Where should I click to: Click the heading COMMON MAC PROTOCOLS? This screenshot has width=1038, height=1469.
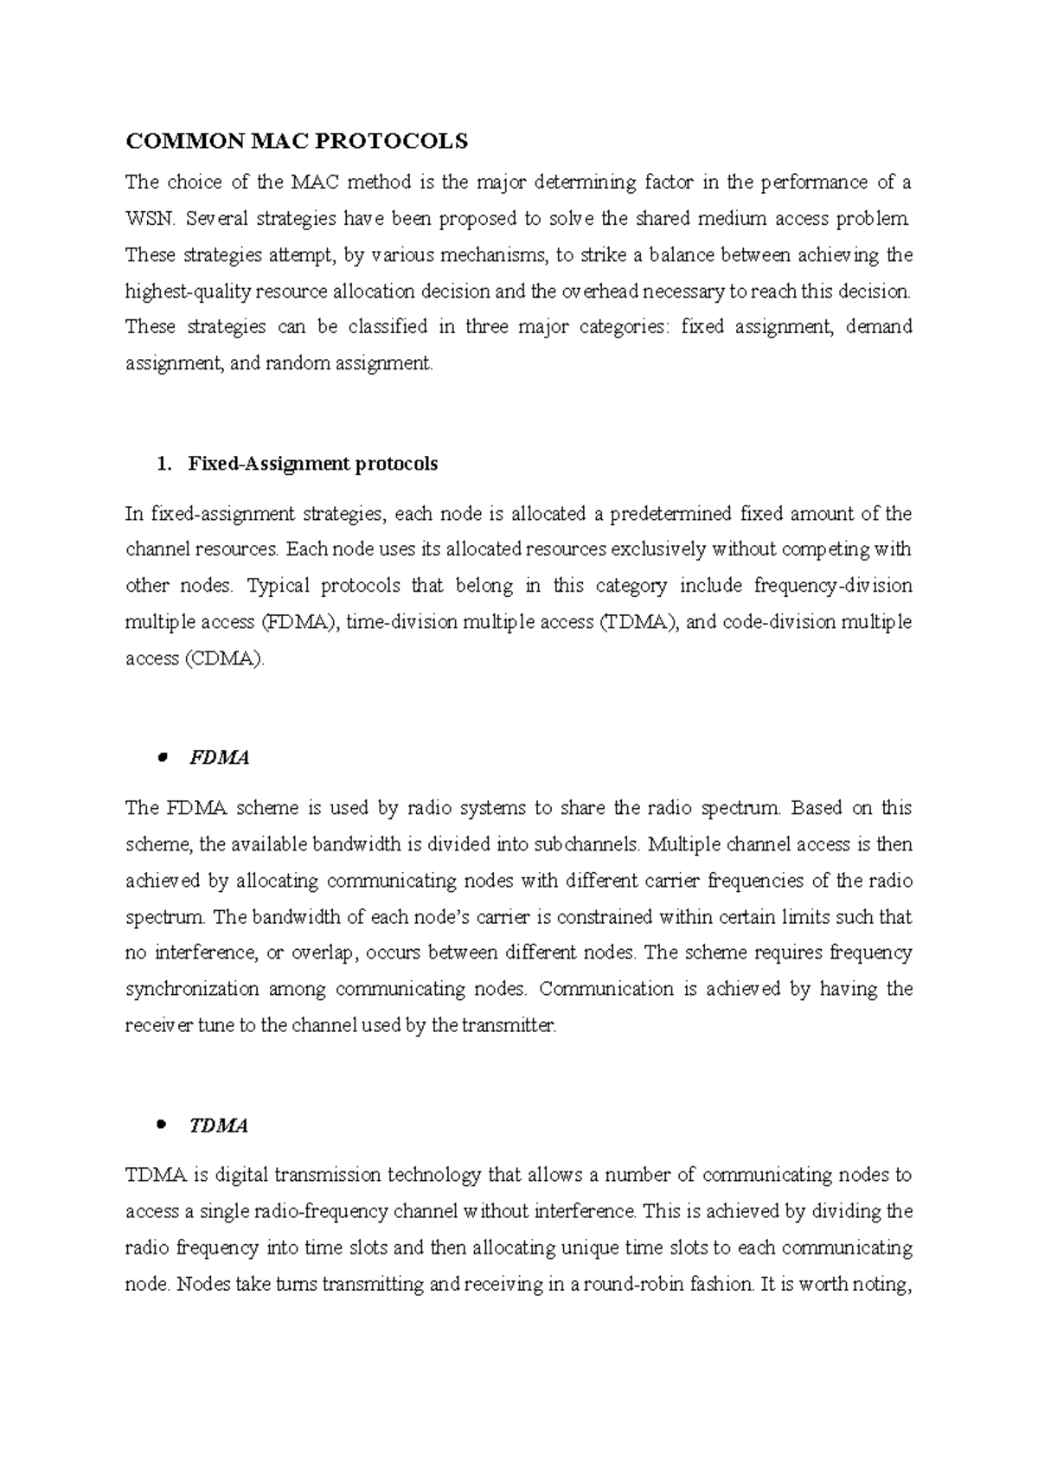click(x=297, y=140)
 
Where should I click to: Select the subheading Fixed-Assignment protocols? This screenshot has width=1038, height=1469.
click(x=312, y=464)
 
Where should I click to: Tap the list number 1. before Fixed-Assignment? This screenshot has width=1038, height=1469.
click(x=163, y=464)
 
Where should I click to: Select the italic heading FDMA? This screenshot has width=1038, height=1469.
click(x=219, y=758)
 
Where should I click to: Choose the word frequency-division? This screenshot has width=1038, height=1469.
click(x=833, y=586)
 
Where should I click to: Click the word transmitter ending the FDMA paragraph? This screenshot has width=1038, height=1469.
click(x=507, y=1026)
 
